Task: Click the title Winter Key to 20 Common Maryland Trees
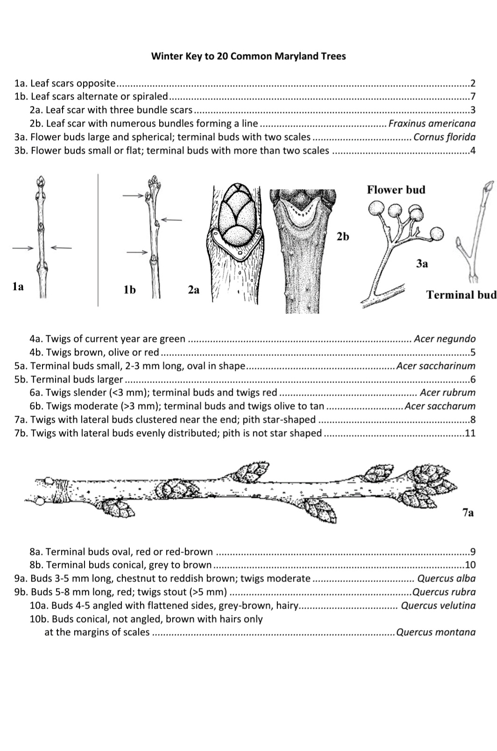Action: click(x=248, y=56)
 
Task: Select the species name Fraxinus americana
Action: click(x=432, y=124)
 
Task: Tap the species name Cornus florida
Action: click(x=445, y=137)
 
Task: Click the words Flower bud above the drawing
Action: click(x=396, y=190)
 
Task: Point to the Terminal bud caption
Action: click(x=461, y=295)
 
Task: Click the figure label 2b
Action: click(x=343, y=237)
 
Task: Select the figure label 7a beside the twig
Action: click(x=468, y=513)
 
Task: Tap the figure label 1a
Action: click(x=18, y=286)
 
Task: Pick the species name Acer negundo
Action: click(x=445, y=339)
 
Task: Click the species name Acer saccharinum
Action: click(x=436, y=366)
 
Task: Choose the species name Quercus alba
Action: click(x=447, y=578)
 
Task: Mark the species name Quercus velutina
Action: click(x=438, y=605)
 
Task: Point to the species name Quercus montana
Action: click(x=436, y=632)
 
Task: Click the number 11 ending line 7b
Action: click(x=470, y=433)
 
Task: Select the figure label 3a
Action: click(x=422, y=264)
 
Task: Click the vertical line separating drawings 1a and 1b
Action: click(x=98, y=240)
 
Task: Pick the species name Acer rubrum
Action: click(x=447, y=393)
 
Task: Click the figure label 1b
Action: click(x=129, y=290)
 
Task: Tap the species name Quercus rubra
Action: click(x=444, y=592)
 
